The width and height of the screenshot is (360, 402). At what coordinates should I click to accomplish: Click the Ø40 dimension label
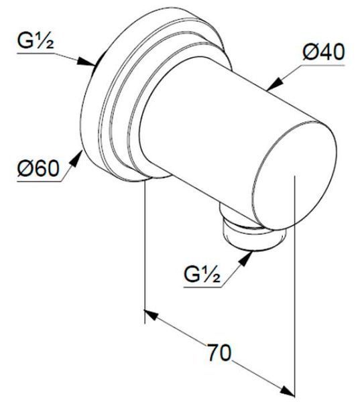pyautogui.click(x=324, y=52)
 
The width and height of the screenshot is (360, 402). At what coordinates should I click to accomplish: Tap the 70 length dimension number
pyautogui.click(x=219, y=352)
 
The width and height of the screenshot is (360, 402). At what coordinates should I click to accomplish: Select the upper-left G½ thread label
pyautogui.click(x=36, y=41)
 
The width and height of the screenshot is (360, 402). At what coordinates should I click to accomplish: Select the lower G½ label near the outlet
pyautogui.click(x=202, y=275)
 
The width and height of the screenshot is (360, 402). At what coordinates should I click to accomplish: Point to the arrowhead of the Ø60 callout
pyautogui.click(x=76, y=158)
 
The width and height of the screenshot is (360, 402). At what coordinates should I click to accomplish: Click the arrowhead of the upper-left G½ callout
pyautogui.click(x=86, y=62)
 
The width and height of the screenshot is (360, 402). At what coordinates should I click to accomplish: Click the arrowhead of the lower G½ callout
pyautogui.click(x=245, y=259)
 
